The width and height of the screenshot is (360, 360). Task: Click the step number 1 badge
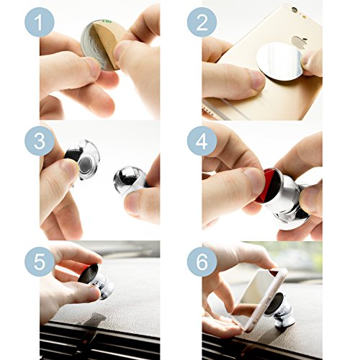(40, 22)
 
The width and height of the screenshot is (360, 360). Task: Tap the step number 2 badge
(202, 22)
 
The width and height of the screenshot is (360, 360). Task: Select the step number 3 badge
(40, 141)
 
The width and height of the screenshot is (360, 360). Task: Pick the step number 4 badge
(202, 141)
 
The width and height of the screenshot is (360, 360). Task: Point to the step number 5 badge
(40, 261)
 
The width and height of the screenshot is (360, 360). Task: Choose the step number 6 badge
(202, 261)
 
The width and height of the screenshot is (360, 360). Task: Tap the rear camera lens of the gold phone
(294, 10)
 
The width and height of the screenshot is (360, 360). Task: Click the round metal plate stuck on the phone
(279, 61)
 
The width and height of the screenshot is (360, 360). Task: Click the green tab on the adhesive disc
(107, 22)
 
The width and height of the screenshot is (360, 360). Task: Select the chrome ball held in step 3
(127, 179)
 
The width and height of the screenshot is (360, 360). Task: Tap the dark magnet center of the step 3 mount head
(85, 165)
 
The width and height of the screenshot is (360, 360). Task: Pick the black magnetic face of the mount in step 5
(88, 274)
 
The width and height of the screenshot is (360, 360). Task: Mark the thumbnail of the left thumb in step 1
(92, 68)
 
